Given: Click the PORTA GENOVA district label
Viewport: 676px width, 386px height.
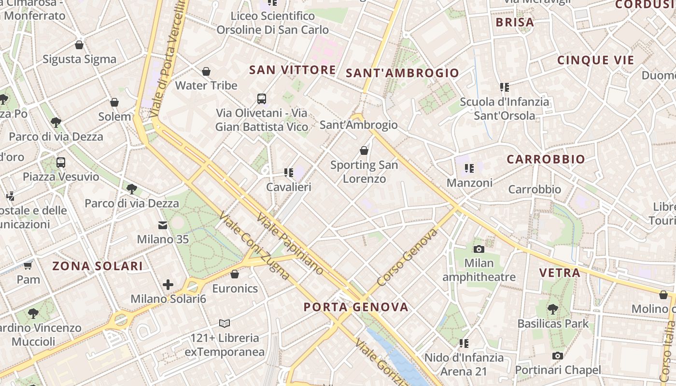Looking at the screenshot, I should [x=356, y=307].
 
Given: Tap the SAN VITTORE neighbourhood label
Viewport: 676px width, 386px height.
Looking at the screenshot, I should [x=292, y=70].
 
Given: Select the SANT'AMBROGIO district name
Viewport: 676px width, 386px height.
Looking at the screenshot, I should [x=403, y=73].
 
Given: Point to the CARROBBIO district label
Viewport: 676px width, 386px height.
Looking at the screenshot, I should [x=546, y=159].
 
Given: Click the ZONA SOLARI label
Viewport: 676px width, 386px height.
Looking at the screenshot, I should [x=98, y=266].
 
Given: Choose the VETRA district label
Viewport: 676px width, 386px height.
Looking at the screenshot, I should [x=560, y=273].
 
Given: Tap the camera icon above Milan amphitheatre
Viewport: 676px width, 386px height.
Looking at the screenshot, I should [x=479, y=249].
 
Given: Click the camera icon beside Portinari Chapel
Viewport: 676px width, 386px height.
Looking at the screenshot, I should [x=558, y=356].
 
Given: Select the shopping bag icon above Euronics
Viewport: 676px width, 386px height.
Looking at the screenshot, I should [x=235, y=274].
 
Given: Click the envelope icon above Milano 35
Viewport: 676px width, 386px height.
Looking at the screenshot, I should [x=163, y=225].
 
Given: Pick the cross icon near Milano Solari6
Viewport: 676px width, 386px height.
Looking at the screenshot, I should [x=168, y=285].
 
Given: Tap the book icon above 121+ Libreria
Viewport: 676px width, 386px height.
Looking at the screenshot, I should [x=225, y=323].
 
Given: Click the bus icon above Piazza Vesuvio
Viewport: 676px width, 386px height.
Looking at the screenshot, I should [x=61, y=162].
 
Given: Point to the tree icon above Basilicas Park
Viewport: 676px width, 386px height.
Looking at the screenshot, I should [x=553, y=309].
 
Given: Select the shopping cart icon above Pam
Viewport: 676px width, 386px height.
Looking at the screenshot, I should [x=28, y=265].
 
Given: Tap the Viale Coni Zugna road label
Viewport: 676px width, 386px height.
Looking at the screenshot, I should [x=254, y=246].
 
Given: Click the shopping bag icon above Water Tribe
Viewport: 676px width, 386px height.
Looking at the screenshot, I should [x=206, y=71].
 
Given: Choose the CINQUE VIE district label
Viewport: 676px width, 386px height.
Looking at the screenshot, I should [x=595, y=60].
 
